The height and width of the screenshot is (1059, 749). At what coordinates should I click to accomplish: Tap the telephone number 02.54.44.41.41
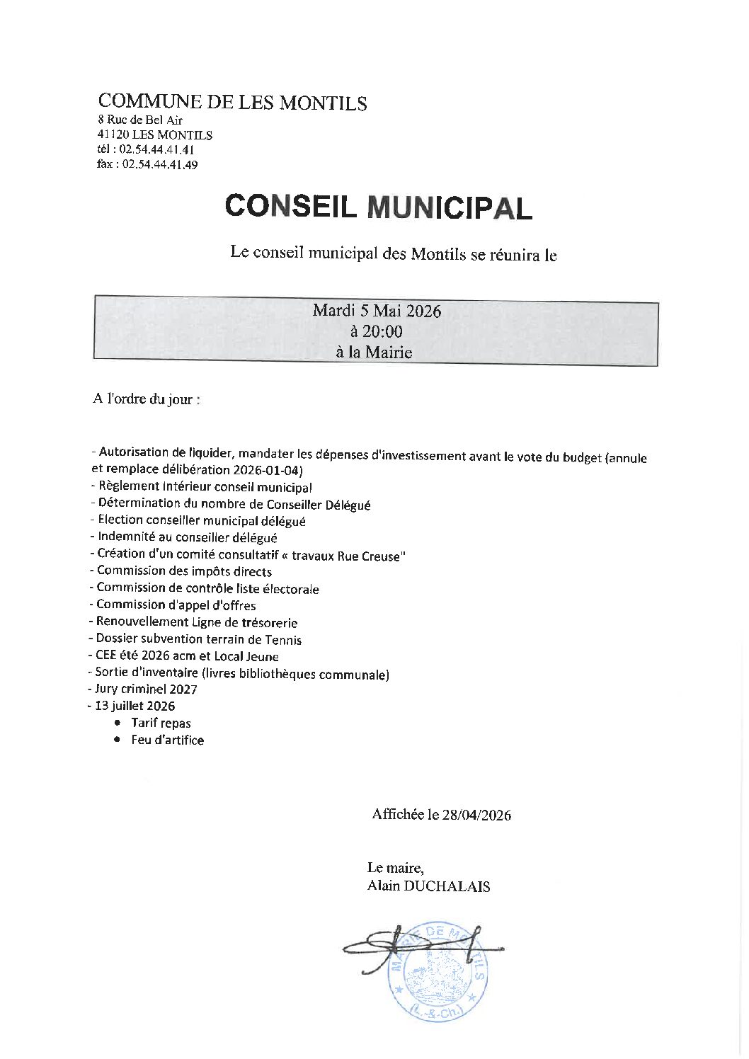pyautogui.click(x=156, y=150)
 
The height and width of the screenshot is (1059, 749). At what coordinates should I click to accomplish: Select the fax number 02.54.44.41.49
pyautogui.click(x=160, y=165)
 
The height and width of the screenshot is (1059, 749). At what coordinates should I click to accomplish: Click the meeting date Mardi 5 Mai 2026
pyautogui.click(x=377, y=311)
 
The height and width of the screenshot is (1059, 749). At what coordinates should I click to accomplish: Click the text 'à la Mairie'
pyautogui.click(x=374, y=352)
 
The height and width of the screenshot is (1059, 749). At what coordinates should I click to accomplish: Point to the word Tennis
pyautogui.click(x=283, y=640)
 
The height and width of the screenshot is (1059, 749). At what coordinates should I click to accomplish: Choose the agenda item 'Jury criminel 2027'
pyautogui.click(x=146, y=689)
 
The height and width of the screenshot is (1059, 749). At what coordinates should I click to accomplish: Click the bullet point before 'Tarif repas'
pyautogui.click(x=117, y=723)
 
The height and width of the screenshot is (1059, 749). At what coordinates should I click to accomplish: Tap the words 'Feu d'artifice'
pyautogui.click(x=168, y=740)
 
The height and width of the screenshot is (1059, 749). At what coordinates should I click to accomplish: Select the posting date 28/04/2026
pyautogui.click(x=476, y=815)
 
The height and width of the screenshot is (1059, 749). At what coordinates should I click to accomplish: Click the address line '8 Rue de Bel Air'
pyautogui.click(x=140, y=120)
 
